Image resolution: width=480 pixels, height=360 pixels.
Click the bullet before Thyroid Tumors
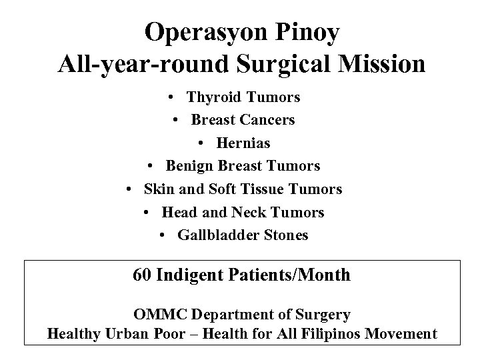tap(172, 98)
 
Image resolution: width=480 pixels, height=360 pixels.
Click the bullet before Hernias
tap(201, 144)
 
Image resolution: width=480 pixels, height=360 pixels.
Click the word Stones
tap(287, 235)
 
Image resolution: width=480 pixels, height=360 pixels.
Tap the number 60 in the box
tap(142, 275)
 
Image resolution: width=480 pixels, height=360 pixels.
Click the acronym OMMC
tap(155, 314)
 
